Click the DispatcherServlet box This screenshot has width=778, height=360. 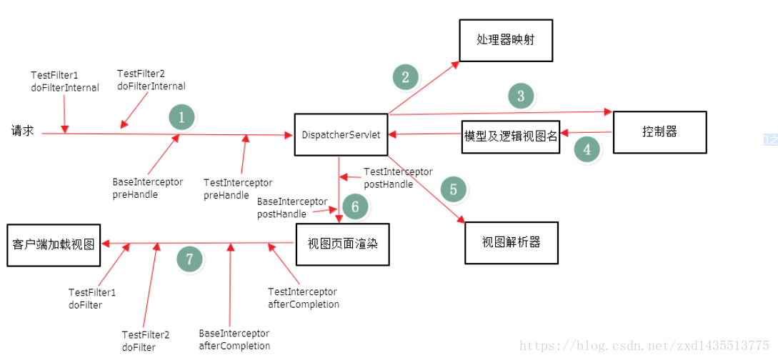tap(341, 134)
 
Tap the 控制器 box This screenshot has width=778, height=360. tap(659, 132)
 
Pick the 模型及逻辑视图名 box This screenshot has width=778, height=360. tap(510, 136)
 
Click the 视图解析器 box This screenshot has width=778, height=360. tap(511, 243)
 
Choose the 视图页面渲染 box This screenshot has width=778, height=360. tap(342, 244)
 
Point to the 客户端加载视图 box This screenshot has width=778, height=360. tap(54, 244)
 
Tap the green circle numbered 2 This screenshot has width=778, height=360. tap(405, 77)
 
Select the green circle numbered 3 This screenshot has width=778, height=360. tap(521, 96)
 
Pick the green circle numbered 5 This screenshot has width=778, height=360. tap(453, 189)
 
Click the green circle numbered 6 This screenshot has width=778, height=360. tap(355, 207)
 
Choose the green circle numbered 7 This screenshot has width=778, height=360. tap(189, 259)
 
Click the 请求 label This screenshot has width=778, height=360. tap(22, 131)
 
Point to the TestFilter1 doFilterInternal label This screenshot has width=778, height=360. tap(65, 81)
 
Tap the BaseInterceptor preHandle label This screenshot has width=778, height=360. tap(148, 188)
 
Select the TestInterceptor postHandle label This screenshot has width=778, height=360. tap(398, 178)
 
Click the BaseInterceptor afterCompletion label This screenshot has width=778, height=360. tap(234, 340)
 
